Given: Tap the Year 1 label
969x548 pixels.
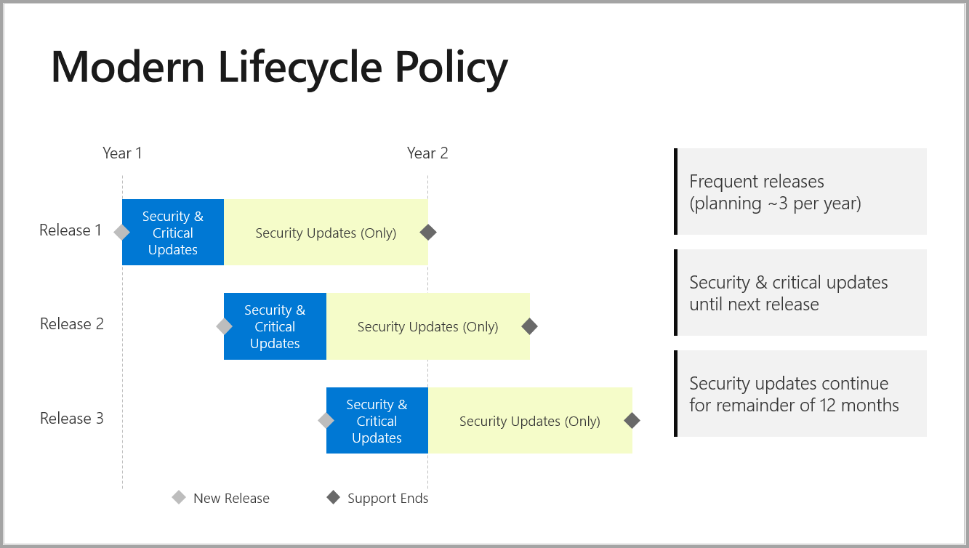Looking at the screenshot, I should [122, 153].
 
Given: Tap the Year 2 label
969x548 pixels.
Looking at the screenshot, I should [427, 153].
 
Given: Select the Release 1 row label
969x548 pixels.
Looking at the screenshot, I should [71, 230].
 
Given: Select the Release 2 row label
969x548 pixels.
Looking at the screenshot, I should [71, 324].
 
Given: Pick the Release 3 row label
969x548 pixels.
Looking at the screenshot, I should [71, 419].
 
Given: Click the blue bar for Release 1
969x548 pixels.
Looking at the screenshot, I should [173, 233].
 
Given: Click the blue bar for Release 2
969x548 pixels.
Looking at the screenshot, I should [275, 326].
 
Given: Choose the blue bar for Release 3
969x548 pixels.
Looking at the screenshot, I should [377, 421].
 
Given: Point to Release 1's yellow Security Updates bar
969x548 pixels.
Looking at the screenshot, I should [326, 233].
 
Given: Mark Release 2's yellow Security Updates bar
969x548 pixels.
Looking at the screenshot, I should [427, 326].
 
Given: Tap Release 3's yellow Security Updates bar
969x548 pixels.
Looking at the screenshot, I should [530, 421].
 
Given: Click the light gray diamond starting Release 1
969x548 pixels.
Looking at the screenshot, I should [122, 233].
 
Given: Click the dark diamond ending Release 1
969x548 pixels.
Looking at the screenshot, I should [428, 233].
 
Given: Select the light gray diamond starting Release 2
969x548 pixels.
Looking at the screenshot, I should [224, 326].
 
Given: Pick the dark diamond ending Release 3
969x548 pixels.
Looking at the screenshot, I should [632, 421].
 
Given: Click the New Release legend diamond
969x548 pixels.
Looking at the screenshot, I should [179, 498].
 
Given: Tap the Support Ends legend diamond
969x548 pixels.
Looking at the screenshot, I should [333, 498].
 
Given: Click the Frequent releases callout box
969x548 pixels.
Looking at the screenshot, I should [800, 192].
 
